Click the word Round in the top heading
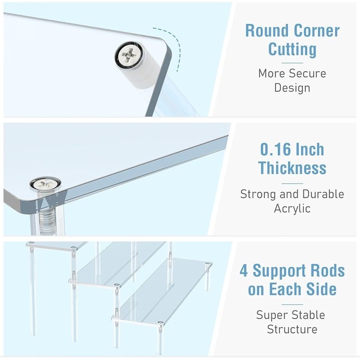267,31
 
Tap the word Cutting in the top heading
292,49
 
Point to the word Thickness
292,168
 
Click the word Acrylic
292,208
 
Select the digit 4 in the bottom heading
244,271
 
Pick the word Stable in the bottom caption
309,315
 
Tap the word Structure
292,329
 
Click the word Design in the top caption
292,88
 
